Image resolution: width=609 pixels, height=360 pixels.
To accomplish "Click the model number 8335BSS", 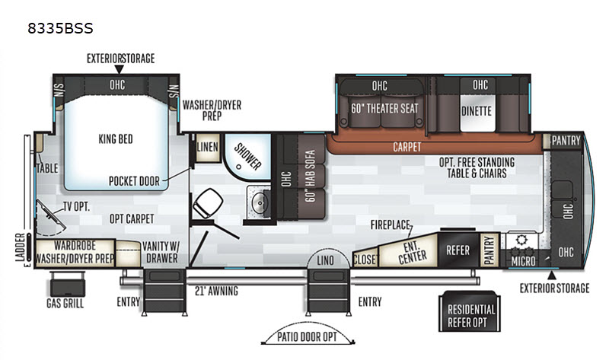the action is point(60,28).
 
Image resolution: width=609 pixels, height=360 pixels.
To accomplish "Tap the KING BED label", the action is point(116,139).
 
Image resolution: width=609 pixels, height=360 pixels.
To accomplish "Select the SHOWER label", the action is point(247,157).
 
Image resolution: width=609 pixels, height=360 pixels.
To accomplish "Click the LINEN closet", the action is point(207,147).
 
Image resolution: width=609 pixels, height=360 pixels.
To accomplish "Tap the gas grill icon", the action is point(67,285).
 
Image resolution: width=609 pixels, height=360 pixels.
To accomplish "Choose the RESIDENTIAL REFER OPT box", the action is point(470,311).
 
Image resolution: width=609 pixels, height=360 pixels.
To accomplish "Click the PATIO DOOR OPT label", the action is point(307,336).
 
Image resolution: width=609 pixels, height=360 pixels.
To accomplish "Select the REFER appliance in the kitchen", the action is point(459,250).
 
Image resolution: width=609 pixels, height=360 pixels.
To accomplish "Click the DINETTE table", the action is point(477,111).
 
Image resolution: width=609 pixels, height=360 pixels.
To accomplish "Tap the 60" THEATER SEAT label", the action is point(384,109).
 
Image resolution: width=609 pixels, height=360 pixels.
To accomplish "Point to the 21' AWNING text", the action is point(216,291).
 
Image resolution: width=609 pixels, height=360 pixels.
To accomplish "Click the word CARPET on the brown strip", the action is point(407,147).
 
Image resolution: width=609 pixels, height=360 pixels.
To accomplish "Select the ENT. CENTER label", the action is point(412,252).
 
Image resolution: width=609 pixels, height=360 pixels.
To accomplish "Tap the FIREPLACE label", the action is point(390,225).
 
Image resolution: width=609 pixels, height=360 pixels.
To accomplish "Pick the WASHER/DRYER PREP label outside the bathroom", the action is point(212,110).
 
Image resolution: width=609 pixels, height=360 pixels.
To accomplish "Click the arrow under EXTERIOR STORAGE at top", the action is point(120,69).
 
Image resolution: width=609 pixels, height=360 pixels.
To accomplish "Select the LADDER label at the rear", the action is point(21,247).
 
